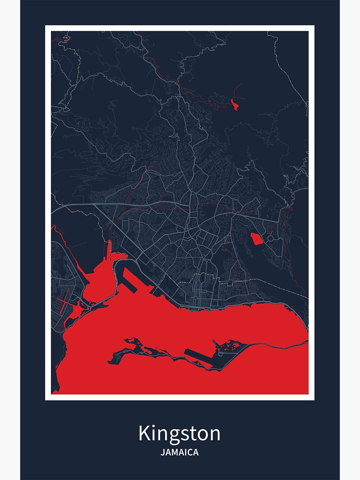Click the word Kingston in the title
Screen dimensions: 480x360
(180, 433)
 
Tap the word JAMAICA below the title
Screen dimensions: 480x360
(180, 452)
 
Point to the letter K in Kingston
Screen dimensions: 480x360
(144, 433)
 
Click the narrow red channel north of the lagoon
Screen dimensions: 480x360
(109, 250)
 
